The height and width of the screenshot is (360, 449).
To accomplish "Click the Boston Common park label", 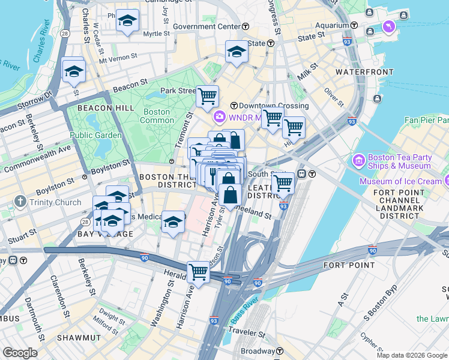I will [157, 116].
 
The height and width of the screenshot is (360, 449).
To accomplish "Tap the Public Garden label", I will [96, 135].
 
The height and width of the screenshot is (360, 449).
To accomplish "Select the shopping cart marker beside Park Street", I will [207, 95].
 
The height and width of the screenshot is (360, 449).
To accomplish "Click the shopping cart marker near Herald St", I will [198, 272].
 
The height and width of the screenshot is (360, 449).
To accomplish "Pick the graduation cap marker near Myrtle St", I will [127, 21].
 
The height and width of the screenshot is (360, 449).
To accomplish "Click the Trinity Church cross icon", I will [21, 202].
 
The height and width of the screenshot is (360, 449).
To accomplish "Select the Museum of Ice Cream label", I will [400, 181].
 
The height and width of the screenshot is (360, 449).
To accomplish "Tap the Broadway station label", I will [257, 351].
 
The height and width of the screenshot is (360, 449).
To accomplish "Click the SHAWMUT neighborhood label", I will [78, 338].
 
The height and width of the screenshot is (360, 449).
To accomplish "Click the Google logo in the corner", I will [20, 353].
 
